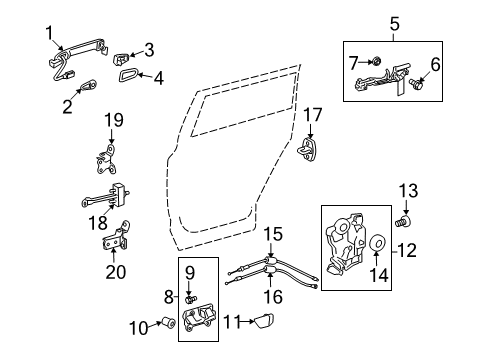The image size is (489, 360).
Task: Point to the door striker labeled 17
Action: pyautogui.click(x=312, y=147)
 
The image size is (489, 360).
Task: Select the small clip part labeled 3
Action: pyautogui.click(x=121, y=51)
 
